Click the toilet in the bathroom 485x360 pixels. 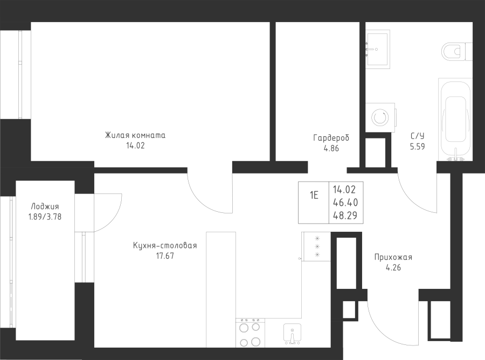457,52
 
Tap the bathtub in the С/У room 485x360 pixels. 455,120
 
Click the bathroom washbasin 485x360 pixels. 378,49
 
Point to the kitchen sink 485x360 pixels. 292,334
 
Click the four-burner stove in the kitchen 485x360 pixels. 250,333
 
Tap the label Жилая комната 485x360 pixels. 135,135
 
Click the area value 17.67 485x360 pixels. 165,256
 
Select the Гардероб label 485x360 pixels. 331,137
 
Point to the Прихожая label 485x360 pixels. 393,257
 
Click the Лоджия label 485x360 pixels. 45,206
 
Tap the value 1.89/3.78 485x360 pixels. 45,217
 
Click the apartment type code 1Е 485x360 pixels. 314,195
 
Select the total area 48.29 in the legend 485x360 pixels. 345,215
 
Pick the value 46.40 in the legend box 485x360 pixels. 345,202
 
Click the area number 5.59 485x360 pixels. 417,147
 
